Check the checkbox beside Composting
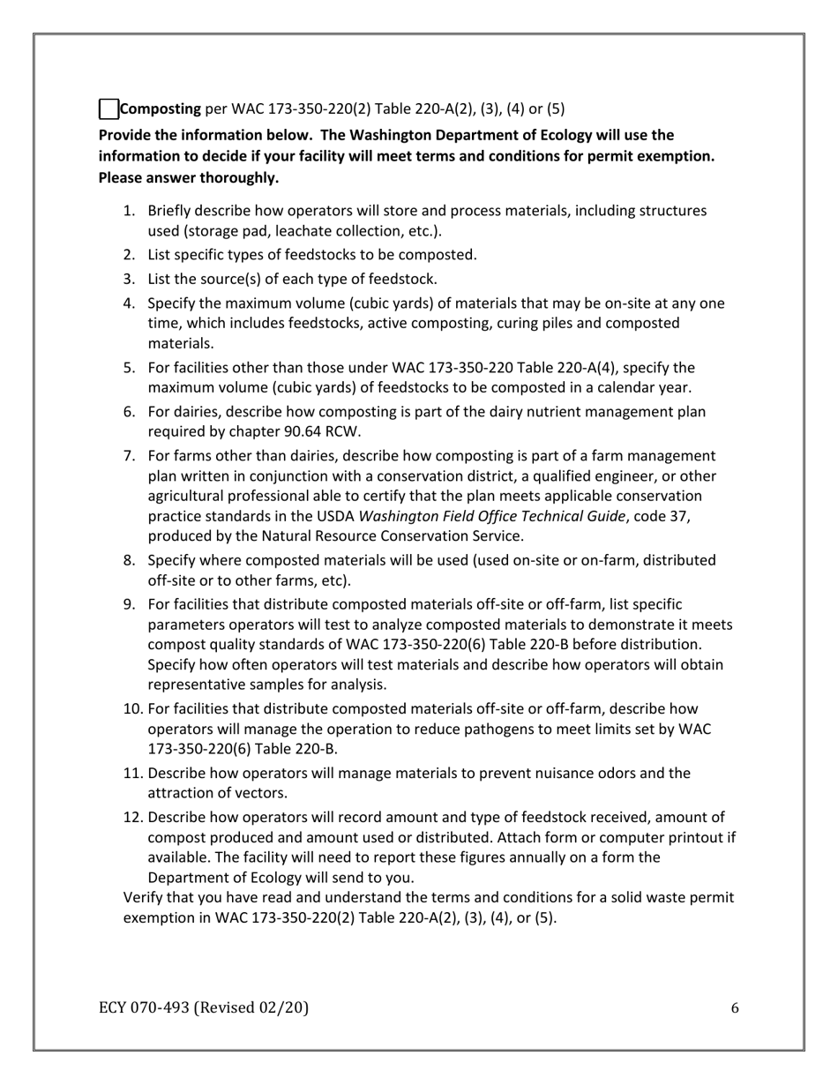click(108, 109)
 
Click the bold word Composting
click(160, 109)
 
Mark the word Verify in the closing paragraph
click(143, 898)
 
